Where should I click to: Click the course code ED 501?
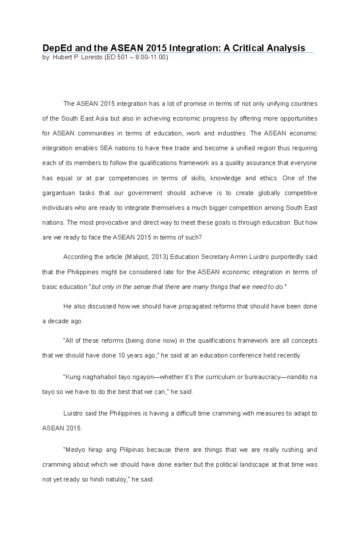click(x=117, y=58)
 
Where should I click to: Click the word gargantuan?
click(x=59, y=193)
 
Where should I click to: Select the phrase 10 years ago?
click(x=137, y=355)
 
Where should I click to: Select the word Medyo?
click(x=73, y=450)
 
